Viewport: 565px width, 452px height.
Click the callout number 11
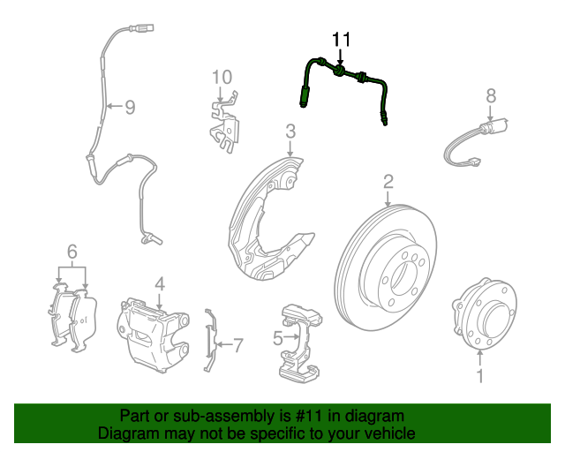coord(341,39)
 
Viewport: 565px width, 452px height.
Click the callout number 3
coord(290,132)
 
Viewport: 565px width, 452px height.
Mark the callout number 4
coord(160,284)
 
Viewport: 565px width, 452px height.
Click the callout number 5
coord(277,336)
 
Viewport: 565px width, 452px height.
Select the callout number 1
coord(480,377)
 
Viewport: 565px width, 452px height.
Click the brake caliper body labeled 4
coord(154,331)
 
